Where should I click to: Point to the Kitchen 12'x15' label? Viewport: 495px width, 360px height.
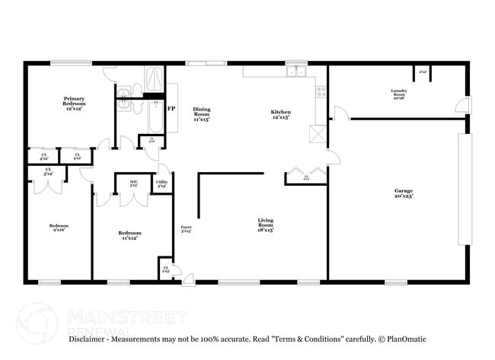pyautogui.click(x=281, y=115)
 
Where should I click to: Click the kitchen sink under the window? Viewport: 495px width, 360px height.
pyautogui.click(x=295, y=72)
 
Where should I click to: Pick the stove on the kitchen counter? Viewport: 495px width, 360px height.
pyautogui.click(x=321, y=91)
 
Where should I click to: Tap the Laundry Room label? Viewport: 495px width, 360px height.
pyautogui.click(x=399, y=94)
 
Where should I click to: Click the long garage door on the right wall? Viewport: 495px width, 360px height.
pyautogui.click(x=464, y=189)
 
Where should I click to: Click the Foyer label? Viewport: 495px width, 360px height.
pyautogui.click(x=186, y=228)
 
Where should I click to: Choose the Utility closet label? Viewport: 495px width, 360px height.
pyautogui.click(x=162, y=183)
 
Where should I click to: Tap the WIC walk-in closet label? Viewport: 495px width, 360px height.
pyautogui.click(x=133, y=183)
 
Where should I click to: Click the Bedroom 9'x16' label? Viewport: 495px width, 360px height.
pyautogui.click(x=59, y=228)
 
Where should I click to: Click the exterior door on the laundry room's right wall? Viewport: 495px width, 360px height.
pyautogui.click(x=463, y=105)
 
